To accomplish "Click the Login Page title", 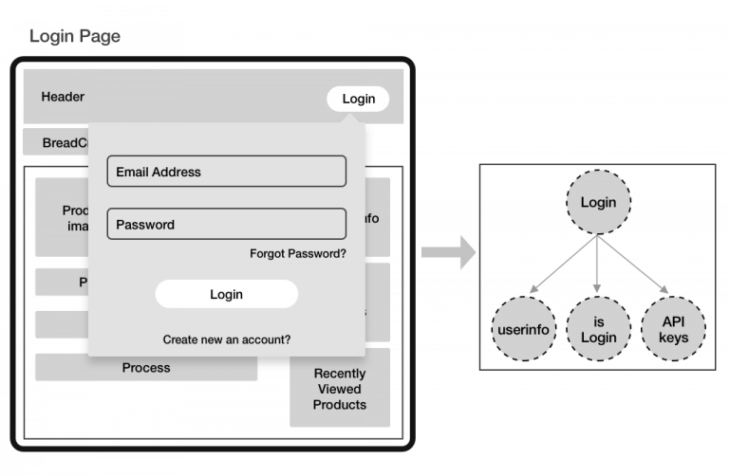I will [x=75, y=36].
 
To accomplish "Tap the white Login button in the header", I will [x=358, y=99].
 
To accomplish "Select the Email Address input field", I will [x=226, y=172].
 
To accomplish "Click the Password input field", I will [x=226, y=225].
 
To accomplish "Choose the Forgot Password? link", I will [x=297, y=253].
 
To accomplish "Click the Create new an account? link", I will [x=226, y=339].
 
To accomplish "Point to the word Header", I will [x=63, y=97].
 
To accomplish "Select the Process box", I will [x=146, y=368].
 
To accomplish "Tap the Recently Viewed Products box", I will [x=339, y=388].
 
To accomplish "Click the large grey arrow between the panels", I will [x=447, y=252].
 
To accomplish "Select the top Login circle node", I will [x=598, y=202].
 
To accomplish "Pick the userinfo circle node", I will [x=524, y=329].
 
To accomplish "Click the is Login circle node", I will [x=598, y=329].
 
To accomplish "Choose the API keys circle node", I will [x=673, y=329].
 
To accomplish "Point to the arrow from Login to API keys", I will [x=633, y=265].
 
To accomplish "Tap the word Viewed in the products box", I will [x=339, y=389].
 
